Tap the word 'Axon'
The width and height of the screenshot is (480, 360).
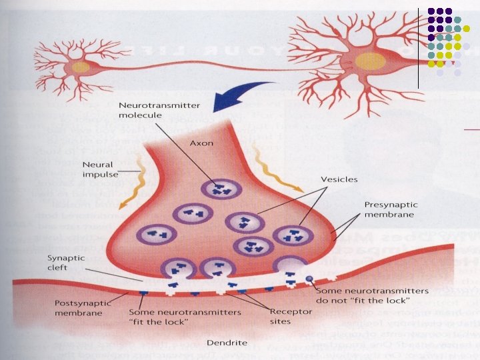coord(201,142)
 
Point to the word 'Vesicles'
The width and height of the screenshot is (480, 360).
coord(339,179)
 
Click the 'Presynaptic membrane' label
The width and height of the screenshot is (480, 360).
coord(389,209)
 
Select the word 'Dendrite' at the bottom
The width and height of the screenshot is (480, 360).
coord(227,343)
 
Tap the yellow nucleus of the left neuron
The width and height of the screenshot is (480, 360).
coord(81,67)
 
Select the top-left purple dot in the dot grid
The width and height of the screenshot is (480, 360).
coord(432,11)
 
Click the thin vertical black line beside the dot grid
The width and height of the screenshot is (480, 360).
coord(418,47)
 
